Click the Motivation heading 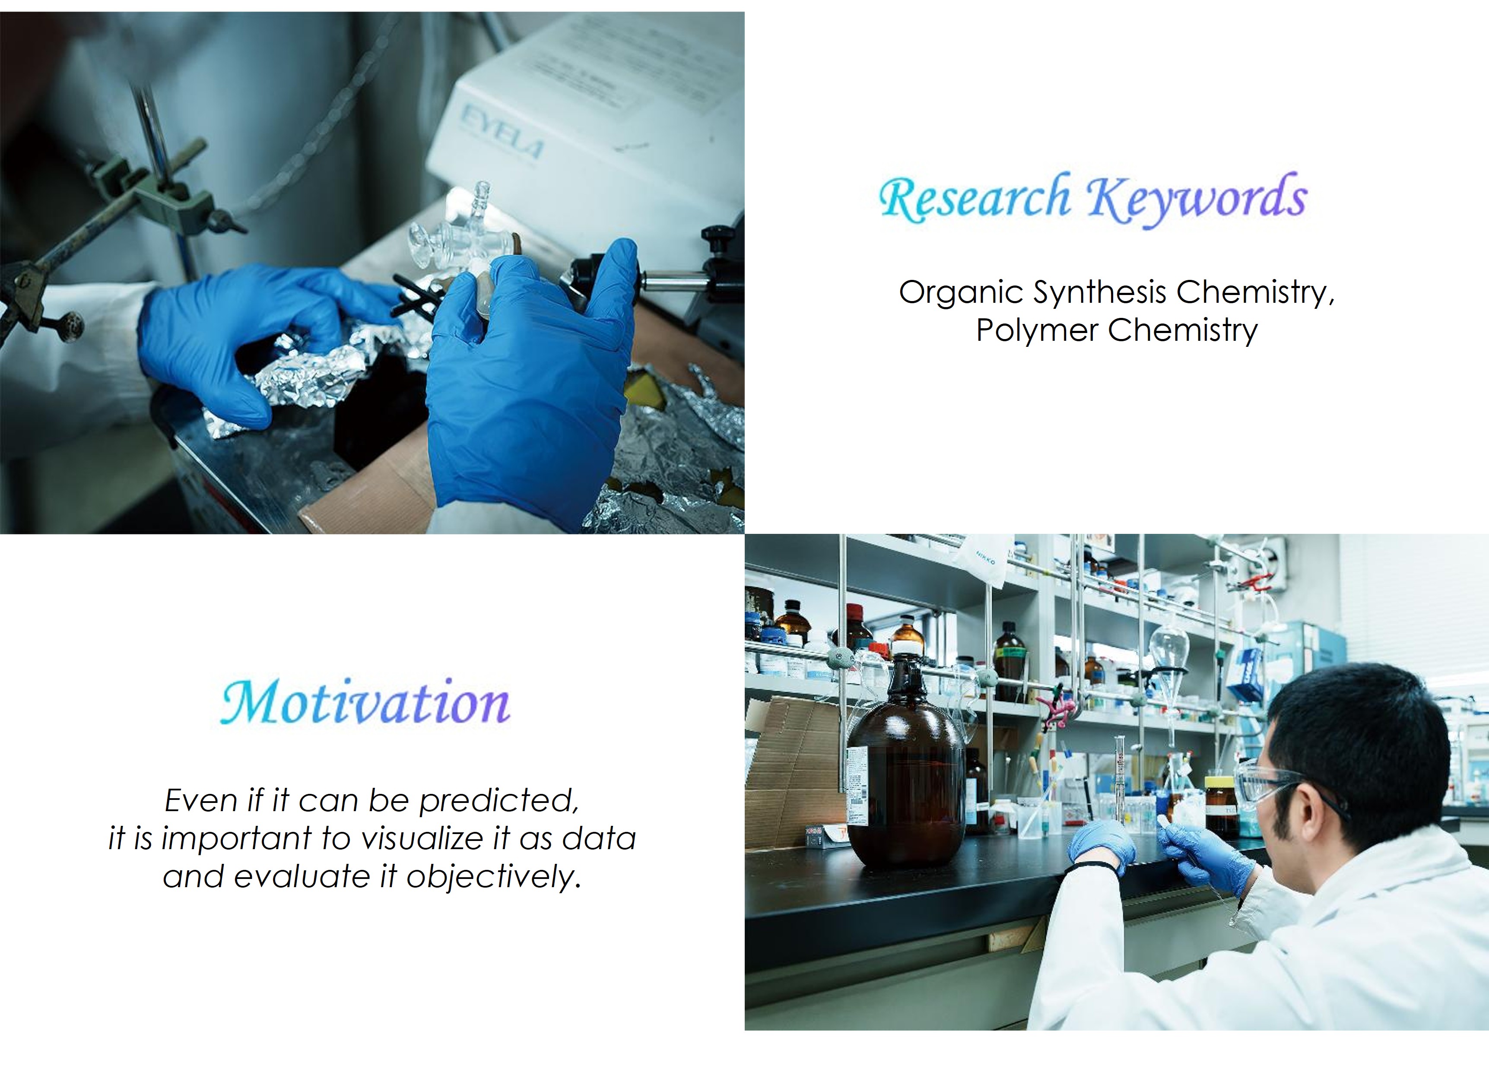click(365, 703)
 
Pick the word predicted click(499, 800)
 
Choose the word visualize click(437, 838)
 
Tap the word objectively click(494, 877)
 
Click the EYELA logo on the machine click(501, 134)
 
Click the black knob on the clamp click(718, 236)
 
